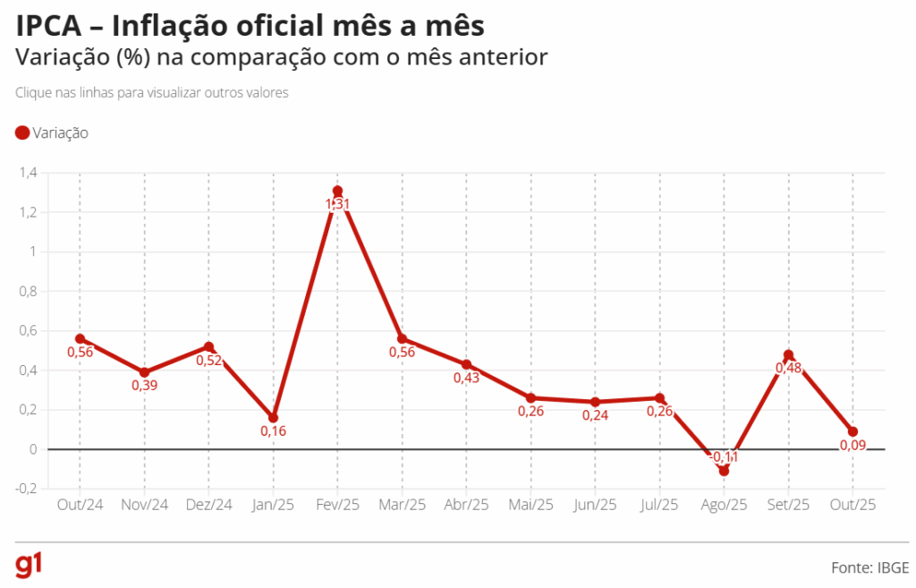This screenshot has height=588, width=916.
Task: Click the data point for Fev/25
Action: click(337, 191)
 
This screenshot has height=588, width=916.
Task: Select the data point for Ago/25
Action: click(724, 471)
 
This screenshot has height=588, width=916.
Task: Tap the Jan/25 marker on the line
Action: click(273, 418)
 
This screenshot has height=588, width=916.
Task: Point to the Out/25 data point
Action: click(852, 432)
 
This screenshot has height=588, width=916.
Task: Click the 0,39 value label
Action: click(144, 386)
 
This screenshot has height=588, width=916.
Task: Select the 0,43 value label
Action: click(466, 378)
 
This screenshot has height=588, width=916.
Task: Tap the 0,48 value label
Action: click(788, 368)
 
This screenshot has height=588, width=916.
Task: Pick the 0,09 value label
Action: click(852, 445)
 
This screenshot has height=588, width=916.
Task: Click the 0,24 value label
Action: click(595, 415)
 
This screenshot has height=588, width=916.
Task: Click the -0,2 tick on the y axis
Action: click(27, 489)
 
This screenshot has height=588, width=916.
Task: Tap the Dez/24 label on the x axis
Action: click(208, 506)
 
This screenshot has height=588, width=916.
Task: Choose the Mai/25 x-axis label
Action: click(530, 506)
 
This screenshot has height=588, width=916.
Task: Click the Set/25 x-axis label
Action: click(788, 506)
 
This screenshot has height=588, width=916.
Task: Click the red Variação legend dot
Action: click(22, 133)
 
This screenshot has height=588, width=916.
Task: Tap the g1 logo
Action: click(30, 566)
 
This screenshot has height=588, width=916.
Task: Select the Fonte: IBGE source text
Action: click(869, 567)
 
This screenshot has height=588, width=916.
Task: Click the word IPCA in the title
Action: click(50, 26)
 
